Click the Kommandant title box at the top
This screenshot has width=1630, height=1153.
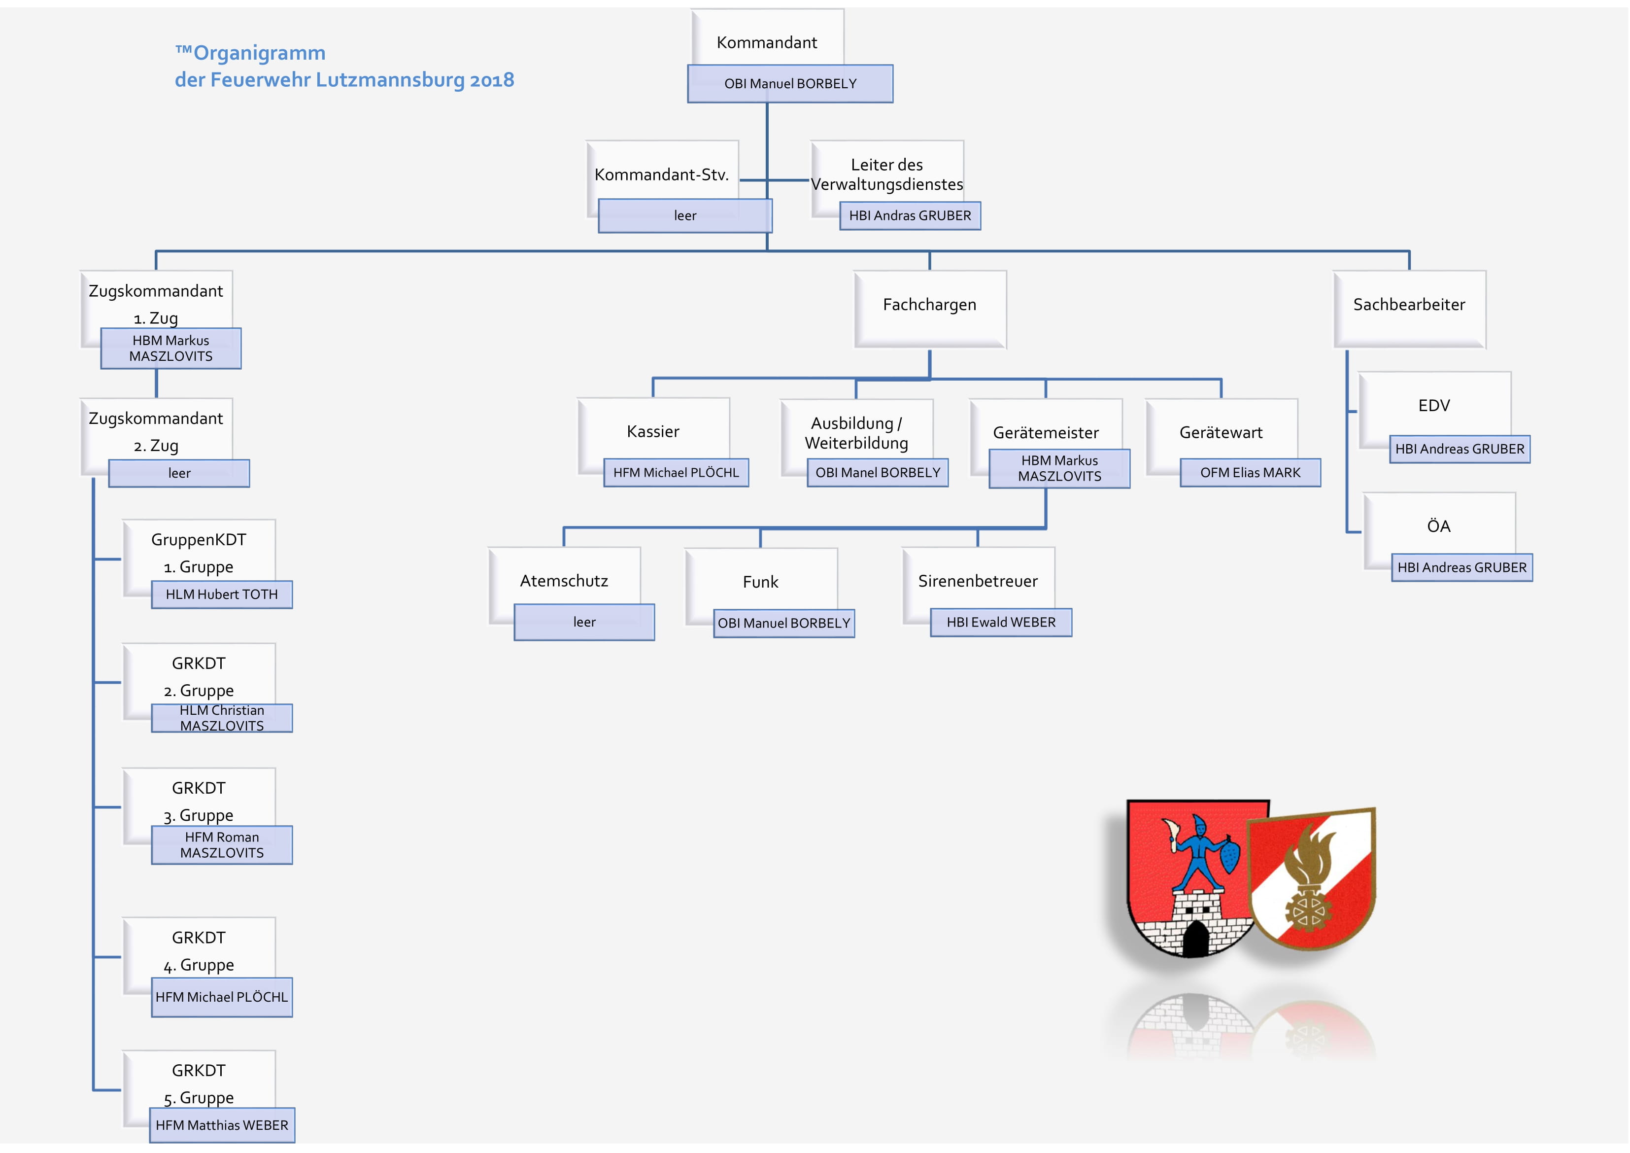tap(767, 37)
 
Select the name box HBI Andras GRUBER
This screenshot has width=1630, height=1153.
tap(910, 216)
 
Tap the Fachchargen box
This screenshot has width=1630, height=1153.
tap(930, 309)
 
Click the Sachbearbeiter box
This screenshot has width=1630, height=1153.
tap(1409, 309)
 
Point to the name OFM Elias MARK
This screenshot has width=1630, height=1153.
tap(1250, 472)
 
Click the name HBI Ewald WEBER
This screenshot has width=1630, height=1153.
tap(1001, 622)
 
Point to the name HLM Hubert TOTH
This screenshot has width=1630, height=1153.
tap(222, 594)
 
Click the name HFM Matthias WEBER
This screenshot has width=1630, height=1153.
tap(222, 1125)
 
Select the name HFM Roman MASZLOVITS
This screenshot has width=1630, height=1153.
tap(222, 845)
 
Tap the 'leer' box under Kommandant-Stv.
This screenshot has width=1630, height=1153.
tap(685, 216)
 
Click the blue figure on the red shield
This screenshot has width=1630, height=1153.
tap(1200, 852)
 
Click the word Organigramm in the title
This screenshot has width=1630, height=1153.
tap(259, 53)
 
